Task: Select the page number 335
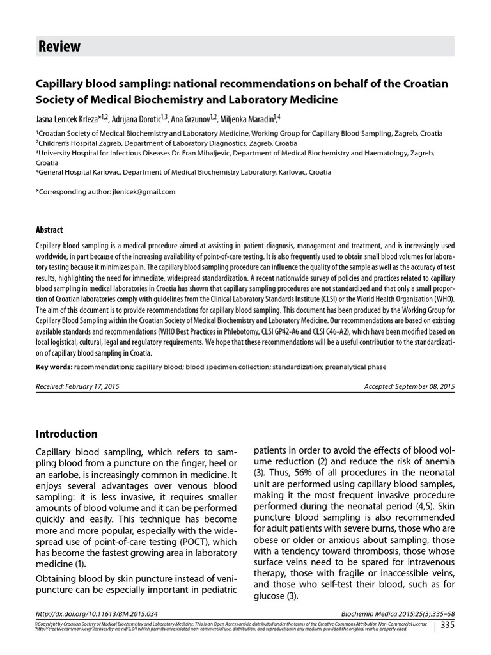(447, 624)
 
